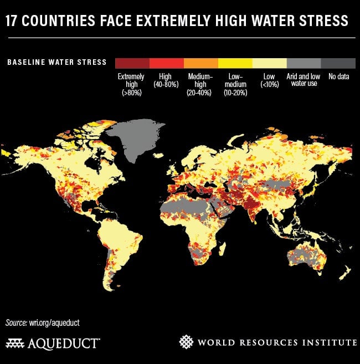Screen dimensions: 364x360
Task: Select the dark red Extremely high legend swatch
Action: point(132,63)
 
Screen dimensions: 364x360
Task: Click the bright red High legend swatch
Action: point(166,63)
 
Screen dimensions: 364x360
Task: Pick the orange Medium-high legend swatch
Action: point(200,63)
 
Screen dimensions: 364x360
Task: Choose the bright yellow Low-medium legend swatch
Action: point(235,63)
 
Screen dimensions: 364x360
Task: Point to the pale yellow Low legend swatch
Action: point(269,63)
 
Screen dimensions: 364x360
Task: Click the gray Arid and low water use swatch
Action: point(304,63)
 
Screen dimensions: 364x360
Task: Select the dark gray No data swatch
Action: point(338,63)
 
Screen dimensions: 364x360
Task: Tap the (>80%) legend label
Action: point(131,93)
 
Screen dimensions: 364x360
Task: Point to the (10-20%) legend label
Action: point(235,93)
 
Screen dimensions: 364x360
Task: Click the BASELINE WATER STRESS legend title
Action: point(56,62)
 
